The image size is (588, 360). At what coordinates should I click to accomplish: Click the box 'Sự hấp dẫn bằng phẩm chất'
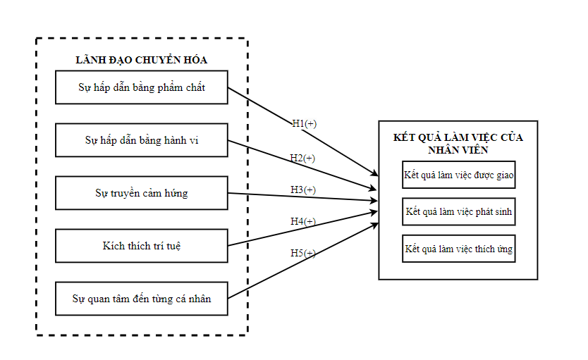click(141, 87)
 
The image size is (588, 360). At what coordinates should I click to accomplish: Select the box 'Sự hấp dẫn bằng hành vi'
click(141, 140)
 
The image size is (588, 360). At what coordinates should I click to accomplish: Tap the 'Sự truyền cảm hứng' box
click(141, 193)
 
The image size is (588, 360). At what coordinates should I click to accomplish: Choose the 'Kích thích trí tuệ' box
click(141, 246)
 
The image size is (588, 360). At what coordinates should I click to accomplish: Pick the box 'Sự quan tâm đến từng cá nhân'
click(141, 299)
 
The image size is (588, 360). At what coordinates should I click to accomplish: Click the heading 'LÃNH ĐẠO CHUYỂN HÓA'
click(141, 60)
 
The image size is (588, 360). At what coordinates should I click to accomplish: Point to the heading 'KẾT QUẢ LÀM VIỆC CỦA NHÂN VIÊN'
click(458, 143)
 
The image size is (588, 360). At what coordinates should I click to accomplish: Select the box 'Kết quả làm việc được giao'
click(458, 175)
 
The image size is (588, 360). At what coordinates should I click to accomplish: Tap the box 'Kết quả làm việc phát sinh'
click(458, 211)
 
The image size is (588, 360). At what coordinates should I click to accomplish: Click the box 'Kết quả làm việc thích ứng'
click(458, 249)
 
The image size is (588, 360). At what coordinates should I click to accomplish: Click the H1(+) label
click(304, 123)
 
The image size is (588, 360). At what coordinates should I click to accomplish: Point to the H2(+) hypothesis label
click(302, 158)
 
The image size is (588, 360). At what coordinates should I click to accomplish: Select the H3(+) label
click(303, 190)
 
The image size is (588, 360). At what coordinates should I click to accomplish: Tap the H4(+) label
click(303, 221)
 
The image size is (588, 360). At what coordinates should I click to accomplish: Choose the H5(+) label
click(303, 253)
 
